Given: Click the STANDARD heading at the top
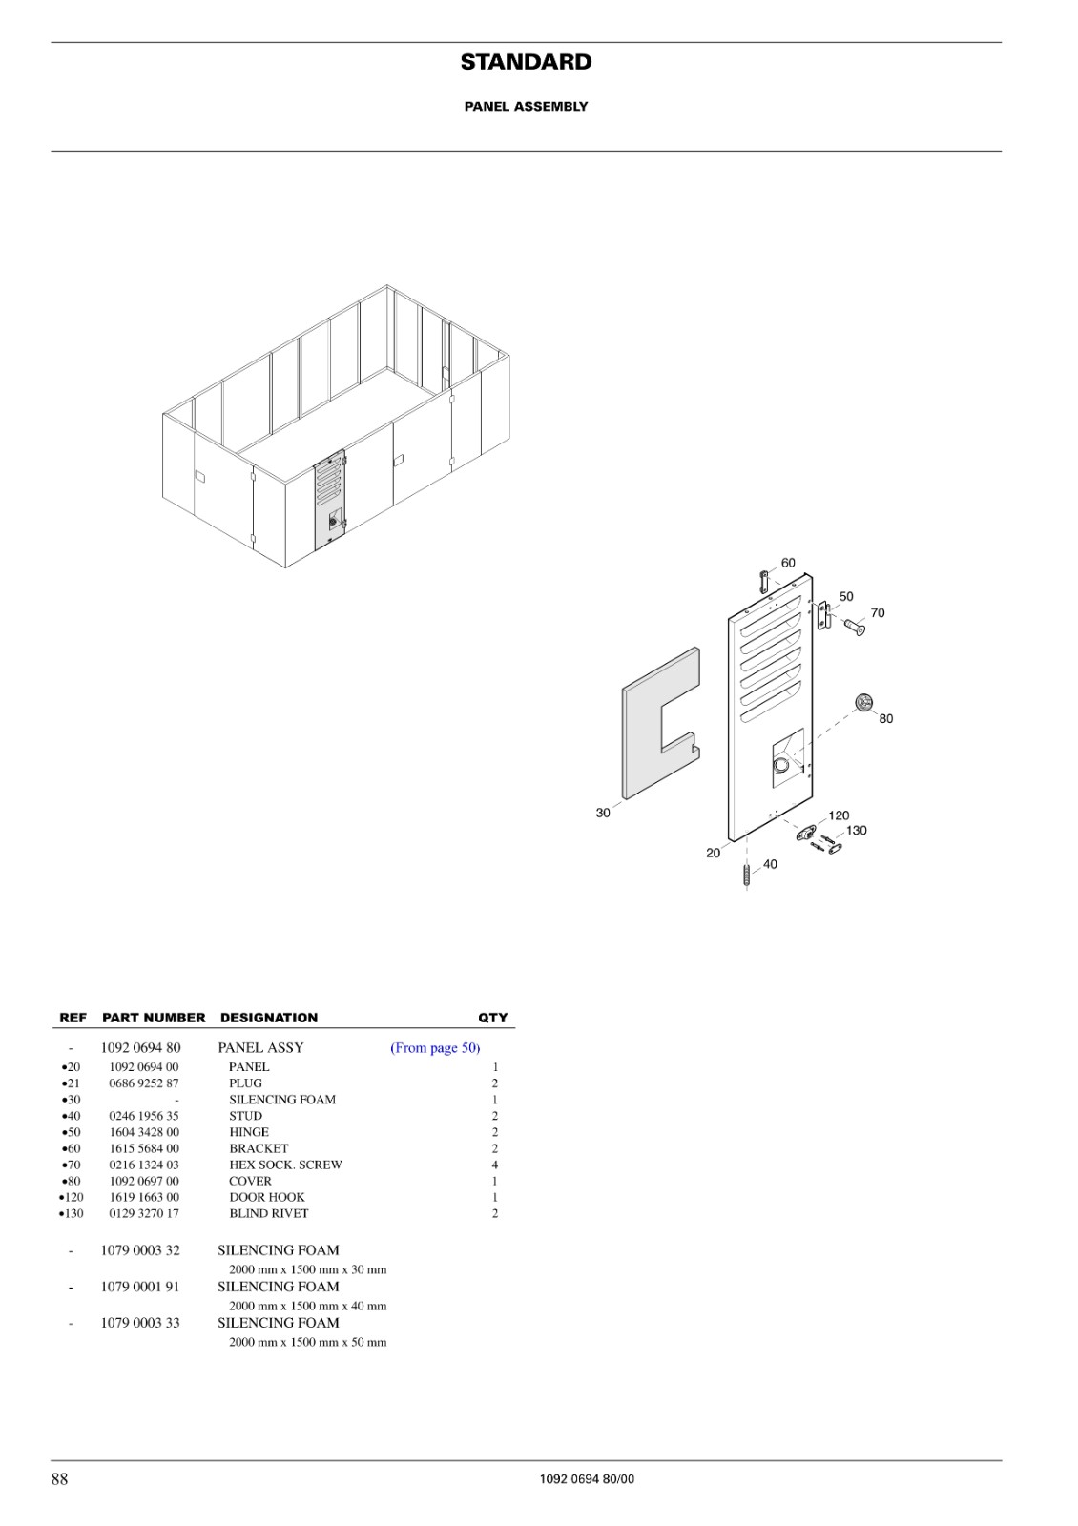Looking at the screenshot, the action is coord(526,62).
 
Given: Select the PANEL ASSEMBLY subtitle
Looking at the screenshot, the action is coord(526,106).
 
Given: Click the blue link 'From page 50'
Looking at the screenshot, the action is coord(435,1048).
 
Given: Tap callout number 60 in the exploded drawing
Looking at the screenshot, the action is coord(788,563).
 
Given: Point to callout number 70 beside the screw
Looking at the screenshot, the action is coord(878,613).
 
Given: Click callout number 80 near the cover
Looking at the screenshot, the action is coord(886,719).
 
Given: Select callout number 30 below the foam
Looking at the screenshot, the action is coord(603,813).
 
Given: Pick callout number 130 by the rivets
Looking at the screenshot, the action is coord(857,831).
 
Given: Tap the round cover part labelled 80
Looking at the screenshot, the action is coord(864,702).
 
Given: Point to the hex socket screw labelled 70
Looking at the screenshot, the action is coord(855,626).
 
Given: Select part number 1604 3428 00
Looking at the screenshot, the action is coord(144,1132).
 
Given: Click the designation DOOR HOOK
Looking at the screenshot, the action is coord(267,1197).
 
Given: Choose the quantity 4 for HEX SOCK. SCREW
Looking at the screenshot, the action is coord(495,1165).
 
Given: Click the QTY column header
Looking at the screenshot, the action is coord(492,1018).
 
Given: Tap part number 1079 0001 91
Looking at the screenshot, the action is coord(140,1287).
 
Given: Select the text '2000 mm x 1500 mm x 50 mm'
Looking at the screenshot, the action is coord(308,1342).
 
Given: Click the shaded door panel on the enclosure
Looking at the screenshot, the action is coord(329,500).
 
